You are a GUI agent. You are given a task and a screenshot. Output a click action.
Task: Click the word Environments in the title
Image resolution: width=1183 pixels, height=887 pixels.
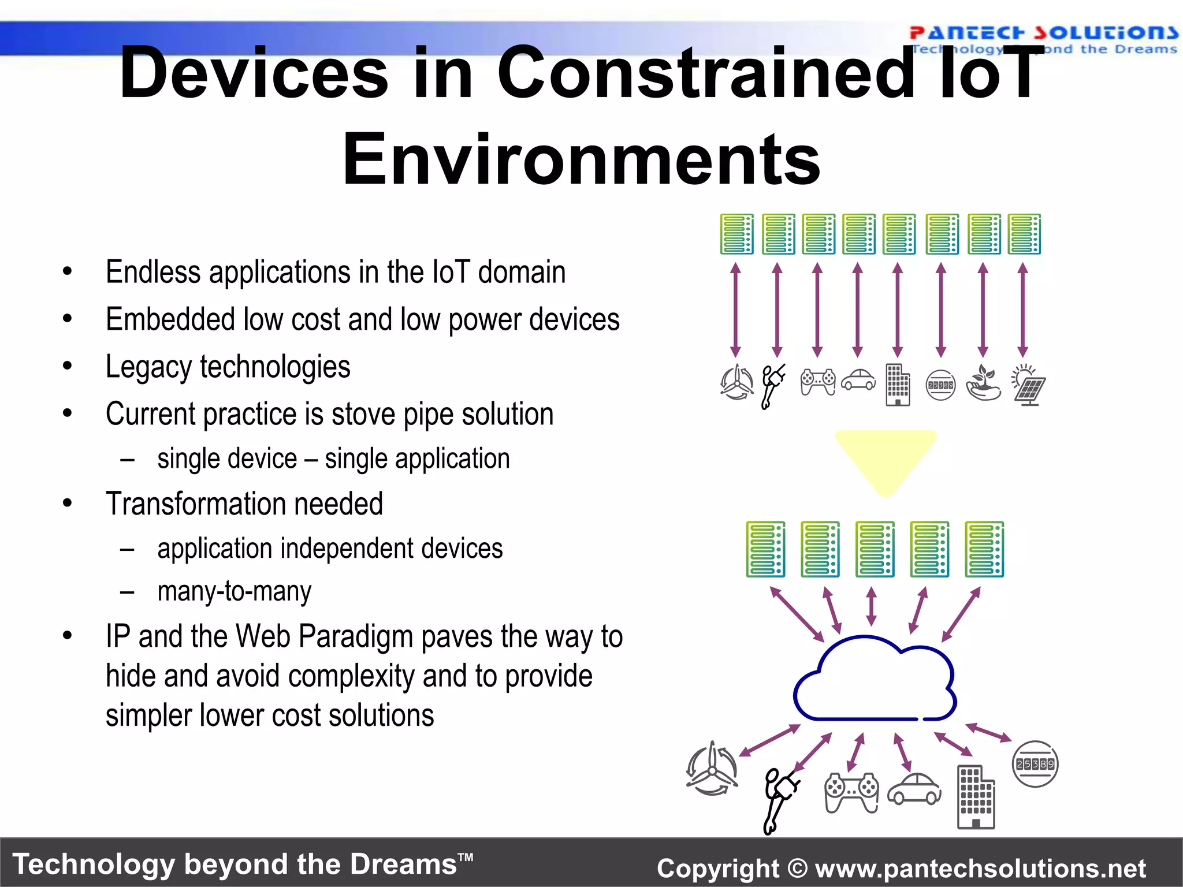581,159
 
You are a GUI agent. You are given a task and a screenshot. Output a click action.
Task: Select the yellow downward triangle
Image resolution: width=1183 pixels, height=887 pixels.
885,459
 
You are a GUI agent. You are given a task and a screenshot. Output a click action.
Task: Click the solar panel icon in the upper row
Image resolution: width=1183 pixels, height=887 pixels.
1029,385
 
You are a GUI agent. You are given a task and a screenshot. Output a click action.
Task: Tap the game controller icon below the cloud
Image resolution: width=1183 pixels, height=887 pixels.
851,793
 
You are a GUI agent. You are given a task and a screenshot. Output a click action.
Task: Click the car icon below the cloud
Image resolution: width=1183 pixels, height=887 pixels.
914,789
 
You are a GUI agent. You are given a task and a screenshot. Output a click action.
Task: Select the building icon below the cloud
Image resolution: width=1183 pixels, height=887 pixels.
976,797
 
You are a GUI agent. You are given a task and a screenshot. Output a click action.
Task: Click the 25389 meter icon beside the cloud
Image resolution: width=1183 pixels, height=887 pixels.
1035,764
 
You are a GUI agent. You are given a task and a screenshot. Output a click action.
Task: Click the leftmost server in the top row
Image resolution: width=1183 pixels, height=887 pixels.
736,234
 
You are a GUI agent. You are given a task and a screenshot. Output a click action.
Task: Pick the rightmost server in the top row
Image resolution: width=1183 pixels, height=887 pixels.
1024,234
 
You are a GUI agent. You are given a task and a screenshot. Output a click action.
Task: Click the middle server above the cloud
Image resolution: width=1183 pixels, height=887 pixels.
875,549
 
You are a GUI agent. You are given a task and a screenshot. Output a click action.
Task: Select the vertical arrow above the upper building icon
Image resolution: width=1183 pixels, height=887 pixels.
897,310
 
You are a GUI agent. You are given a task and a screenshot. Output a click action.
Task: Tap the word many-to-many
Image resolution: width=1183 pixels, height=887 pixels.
234,592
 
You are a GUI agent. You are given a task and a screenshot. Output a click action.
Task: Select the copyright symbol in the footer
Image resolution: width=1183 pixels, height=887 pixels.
797,869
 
